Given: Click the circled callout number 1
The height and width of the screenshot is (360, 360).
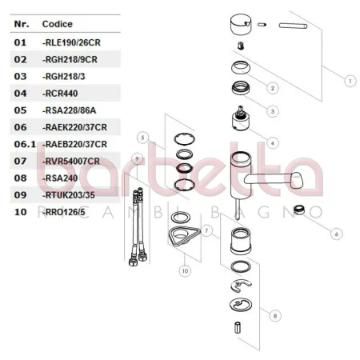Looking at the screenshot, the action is (x=350, y=81).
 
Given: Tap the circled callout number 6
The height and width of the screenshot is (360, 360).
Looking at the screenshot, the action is (x=336, y=234).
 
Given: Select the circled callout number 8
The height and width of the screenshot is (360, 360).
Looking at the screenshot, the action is (x=275, y=316).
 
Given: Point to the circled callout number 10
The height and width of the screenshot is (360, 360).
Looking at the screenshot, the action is (x=185, y=271).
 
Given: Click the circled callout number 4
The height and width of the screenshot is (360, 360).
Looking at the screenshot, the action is (x=273, y=143).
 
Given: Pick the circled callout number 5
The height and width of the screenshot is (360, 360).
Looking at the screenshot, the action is (x=142, y=138).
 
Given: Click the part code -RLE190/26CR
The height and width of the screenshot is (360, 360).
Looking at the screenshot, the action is (x=71, y=42).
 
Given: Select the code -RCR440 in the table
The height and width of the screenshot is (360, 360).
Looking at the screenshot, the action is (x=60, y=94).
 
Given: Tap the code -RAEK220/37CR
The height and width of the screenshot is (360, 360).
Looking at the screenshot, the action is (x=74, y=127).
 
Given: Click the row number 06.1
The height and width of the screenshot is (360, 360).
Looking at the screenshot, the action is (x=25, y=144).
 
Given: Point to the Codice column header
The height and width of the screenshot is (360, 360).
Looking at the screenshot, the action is (x=58, y=24).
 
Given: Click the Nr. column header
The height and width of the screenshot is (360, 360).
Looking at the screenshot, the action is (x=22, y=24).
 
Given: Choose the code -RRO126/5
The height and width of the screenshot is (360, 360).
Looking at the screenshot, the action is (x=64, y=212).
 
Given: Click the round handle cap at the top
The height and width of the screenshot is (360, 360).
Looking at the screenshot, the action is (x=241, y=25).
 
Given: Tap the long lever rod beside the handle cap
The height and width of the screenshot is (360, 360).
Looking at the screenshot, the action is (x=293, y=26).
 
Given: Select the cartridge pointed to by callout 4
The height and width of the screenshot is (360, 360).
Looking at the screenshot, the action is (x=241, y=119).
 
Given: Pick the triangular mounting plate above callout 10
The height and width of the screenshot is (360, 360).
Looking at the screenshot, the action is (x=184, y=235).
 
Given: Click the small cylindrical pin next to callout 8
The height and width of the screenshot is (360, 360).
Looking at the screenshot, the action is (x=238, y=328).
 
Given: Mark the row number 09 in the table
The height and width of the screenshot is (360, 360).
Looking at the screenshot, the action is (x=20, y=195).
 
